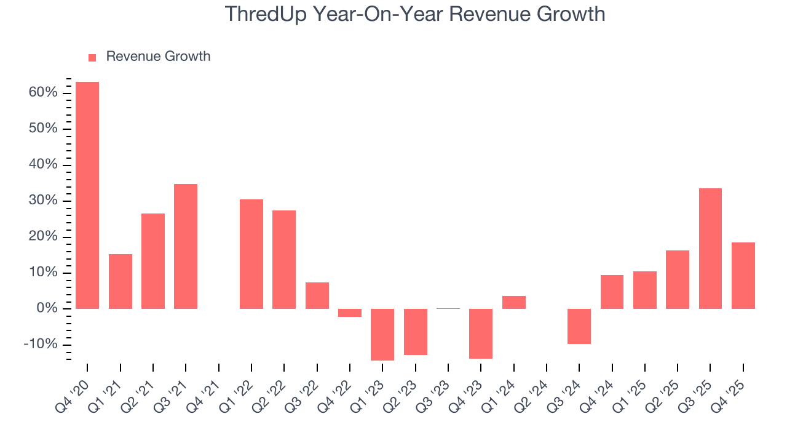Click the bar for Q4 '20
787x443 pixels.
pyautogui.click(x=87, y=195)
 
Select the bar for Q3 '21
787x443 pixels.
pyautogui.click(x=186, y=246)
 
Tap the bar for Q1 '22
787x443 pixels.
pyautogui.click(x=251, y=254)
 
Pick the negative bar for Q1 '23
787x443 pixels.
pyautogui.click(x=382, y=334)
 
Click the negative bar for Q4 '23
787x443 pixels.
pyautogui.click(x=481, y=333)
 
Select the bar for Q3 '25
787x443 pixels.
pyautogui.click(x=710, y=249)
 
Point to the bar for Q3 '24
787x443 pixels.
pyautogui.click(x=579, y=326)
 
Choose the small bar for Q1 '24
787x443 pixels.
pyautogui.click(x=513, y=302)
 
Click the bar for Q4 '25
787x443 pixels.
pyautogui.click(x=743, y=275)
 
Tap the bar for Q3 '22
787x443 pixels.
pyautogui.click(x=317, y=295)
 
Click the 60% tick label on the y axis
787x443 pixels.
pyautogui.click(x=42, y=93)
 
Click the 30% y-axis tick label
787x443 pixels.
pyautogui.click(x=42, y=201)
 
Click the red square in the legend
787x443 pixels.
pyautogui.click(x=92, y=57)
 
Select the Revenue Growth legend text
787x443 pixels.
pyautogui.click(x=158, y=57)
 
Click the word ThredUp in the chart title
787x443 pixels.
pyautogui.click(x=265, y=14)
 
